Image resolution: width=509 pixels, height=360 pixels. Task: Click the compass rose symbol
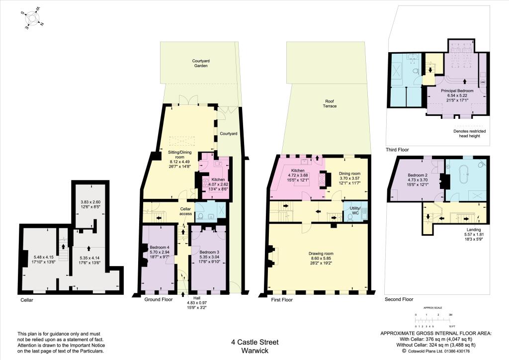33,18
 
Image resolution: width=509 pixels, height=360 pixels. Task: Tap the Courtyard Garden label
200,63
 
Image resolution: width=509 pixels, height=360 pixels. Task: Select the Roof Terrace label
330,103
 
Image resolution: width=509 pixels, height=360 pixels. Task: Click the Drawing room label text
322,254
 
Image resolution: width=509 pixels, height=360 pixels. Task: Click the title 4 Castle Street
255,342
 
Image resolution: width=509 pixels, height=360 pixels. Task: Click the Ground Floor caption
158,300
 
